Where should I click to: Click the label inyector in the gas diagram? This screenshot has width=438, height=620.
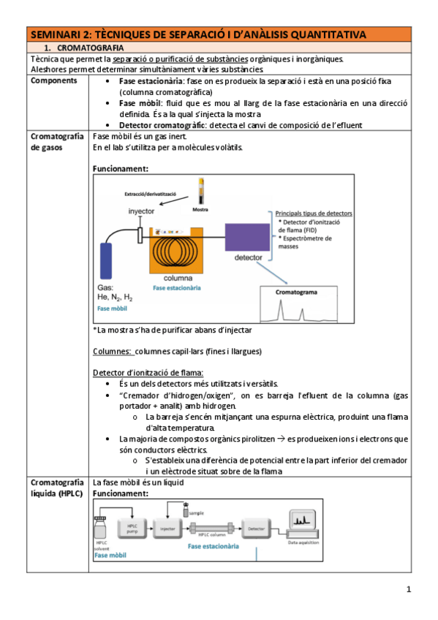click(143, 211)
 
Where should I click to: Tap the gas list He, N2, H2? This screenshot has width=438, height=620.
click(116, 298)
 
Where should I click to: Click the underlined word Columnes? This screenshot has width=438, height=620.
click(112, 351)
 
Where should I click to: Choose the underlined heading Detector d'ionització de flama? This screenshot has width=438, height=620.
click(147, 373)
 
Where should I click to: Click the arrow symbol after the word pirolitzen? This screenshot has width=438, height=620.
click(279, 439)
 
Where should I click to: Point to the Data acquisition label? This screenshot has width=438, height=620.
click(302, 543)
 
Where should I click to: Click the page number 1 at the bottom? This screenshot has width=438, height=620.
click(409, 589)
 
